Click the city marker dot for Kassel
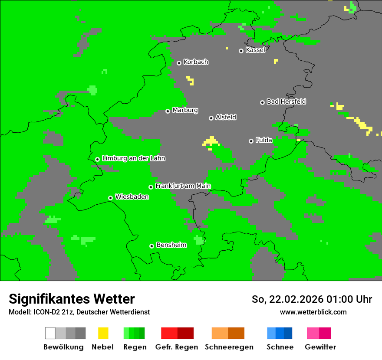point(241,51)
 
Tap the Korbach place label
point(196,62)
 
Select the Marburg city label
point(185,110)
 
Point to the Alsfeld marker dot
point(211,118)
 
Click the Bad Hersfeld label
point(286,101)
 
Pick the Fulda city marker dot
point(251,141)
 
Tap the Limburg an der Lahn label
point(134,158)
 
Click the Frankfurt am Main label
point(183,186)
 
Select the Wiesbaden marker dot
point(110,198)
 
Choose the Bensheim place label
point(171,245)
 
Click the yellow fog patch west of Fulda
point(211,141)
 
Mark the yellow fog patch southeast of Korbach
point(190,80)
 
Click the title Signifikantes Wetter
point(72,299)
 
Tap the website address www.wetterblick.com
point(313,312)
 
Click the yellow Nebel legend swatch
point(103,333)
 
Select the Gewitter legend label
point(320,347)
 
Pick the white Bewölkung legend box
point(50,333)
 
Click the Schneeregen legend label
point(229,347)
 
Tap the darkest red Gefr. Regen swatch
point(185,333)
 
